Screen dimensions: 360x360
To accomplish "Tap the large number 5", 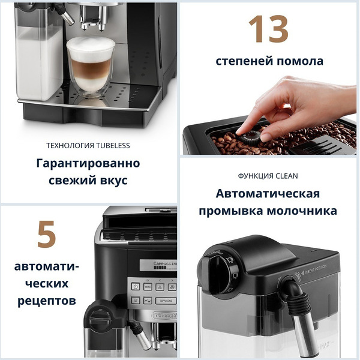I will click(x=46, y=235).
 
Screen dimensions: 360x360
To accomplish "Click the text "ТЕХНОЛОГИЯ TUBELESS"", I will click(x=88, y=145).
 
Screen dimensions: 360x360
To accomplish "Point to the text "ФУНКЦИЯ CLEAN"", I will click(x=268, y=176).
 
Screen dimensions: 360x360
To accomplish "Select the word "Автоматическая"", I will click(x=268, y=194).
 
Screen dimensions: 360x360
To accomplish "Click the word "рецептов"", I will click(x=47, y=299).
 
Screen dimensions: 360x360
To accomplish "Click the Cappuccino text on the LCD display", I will click(x=157, y=264).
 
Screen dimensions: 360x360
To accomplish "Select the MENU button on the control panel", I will click(x=147, y=287).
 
